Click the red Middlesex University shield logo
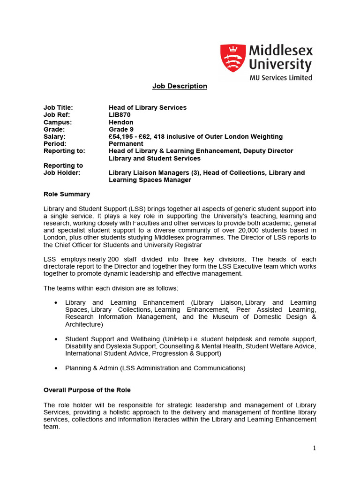pos(233,58)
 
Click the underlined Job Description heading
pos(180,86)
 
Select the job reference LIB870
pos(120,115)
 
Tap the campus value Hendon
pos(121,122)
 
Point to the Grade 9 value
pos(121,129)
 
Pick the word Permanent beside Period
pos(126,144)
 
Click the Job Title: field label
pos(58,108)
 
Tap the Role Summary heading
pos(67,194)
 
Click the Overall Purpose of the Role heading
pos(87,390)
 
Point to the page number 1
pos(314,448)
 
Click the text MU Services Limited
pos(280,78)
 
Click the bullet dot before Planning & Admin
pos(56,368)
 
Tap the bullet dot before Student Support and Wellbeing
pos(56,339)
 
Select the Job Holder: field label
pos(62,173)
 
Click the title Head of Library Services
pos(148,108)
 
